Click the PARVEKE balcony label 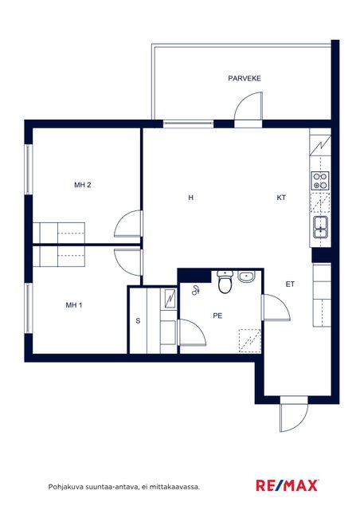(x=245, y=78)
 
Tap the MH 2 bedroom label (x=83, y=185)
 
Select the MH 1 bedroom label (x=74, y=305)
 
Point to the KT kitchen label (x=281, y=198)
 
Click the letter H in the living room (x=191, y=198)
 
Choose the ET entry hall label (x=290, y=284)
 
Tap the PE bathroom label (x=217, y=316)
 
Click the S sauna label (x=138, y=321)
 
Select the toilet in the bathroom (x=225, y=281)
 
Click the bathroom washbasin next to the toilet (x=246, y=277)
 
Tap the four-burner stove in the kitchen (x=320, y=181)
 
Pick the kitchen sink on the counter (x=321, y=227)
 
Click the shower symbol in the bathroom (x=195, y=290)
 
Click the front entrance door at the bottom (x=294, y=414)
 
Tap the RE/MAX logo (x=287, y=485)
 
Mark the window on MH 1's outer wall (x=29, y=308)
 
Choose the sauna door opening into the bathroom (x=192, y=332)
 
